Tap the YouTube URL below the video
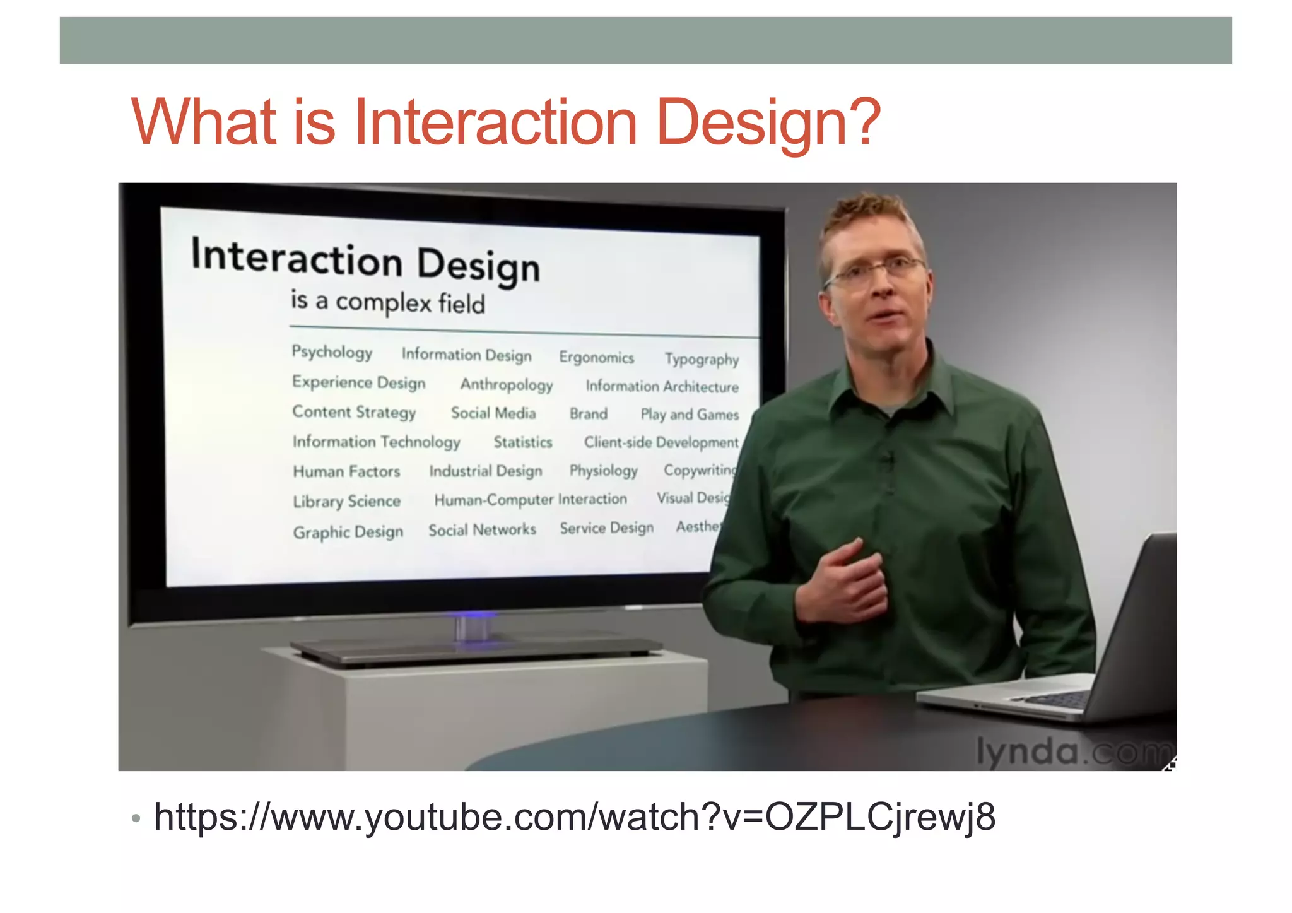coord(574,817)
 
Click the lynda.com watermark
coord(1072,751)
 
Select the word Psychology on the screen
coord(332,351)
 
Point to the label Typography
coord(702,359)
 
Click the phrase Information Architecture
coord(662,386)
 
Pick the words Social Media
coord(493,413)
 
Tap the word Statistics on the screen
coord(522,442)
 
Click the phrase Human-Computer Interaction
coord(531,500)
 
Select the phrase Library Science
coord(346,502)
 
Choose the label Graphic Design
coord(348,532)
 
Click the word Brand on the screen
coord(588,414)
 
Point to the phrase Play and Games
coord(690,415)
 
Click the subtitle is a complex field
coord(387,302)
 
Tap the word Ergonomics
coord(596,358)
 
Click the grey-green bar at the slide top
coord(645,40)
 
